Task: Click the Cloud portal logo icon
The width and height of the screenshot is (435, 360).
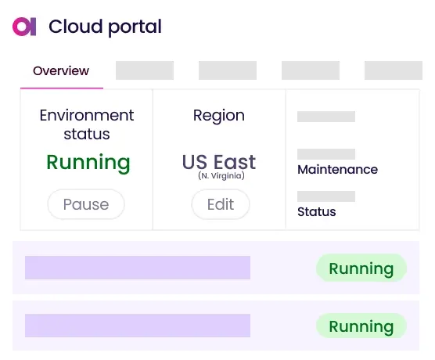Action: point(24,27)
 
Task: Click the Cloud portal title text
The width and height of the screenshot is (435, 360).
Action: point(105,27)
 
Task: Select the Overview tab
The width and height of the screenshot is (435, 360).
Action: point(61,71)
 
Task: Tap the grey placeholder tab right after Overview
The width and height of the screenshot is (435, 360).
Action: point(144,70)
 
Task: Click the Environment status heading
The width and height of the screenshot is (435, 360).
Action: point(87,124)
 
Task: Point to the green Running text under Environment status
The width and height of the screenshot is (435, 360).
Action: point(88,163)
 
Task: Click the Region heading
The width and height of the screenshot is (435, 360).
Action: point(219,115)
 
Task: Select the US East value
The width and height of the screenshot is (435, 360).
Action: point(219,162)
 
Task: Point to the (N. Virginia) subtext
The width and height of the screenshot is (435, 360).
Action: point(219,176)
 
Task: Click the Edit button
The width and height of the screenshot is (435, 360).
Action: point(220,204)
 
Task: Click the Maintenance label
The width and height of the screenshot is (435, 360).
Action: point(337,169)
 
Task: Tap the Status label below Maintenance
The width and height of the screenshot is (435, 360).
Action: point(317,211)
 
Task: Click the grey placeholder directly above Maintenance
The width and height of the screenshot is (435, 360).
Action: point(326,154)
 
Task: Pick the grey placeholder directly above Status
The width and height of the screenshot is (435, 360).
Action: point(326,196)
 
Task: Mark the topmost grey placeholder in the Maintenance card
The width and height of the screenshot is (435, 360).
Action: point(326,117)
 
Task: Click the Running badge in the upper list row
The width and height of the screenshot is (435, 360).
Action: point(361,268)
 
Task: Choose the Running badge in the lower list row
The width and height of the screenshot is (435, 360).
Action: point(361,326)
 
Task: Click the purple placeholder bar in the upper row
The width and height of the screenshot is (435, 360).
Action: point(138,268)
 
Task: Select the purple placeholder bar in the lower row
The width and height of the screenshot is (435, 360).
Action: point(138,326)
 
